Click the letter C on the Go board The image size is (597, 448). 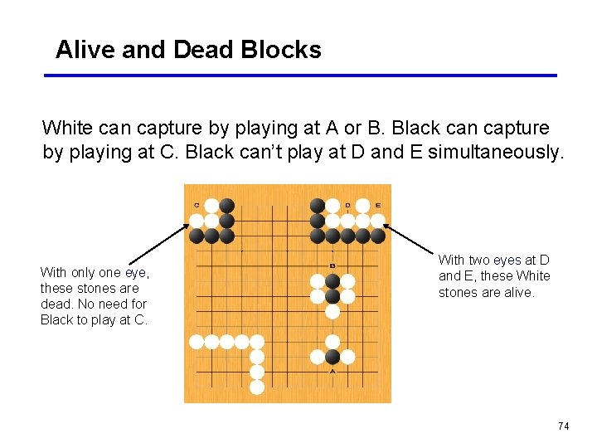pos(197,205)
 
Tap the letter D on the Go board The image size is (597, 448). pos(347,205)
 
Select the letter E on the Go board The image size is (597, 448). pos(378,205)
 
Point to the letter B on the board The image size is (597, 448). pos(332,265)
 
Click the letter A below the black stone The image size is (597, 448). pos(332,372)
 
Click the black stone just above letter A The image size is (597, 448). pos(332,357)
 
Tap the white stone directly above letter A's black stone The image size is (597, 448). pos(332,342)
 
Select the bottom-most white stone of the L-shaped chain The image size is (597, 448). pos(257,387)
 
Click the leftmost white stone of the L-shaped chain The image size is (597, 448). pos(197,341)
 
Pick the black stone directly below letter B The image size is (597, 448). pos(332,280)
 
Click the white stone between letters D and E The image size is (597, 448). pos(362,206)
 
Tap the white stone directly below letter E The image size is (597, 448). pos(378,221)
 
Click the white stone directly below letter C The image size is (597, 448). pos(197,221)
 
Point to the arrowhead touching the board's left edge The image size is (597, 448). pos(187,225)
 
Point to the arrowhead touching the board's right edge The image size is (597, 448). pos(386,225)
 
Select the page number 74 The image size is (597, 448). pos(564,426)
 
